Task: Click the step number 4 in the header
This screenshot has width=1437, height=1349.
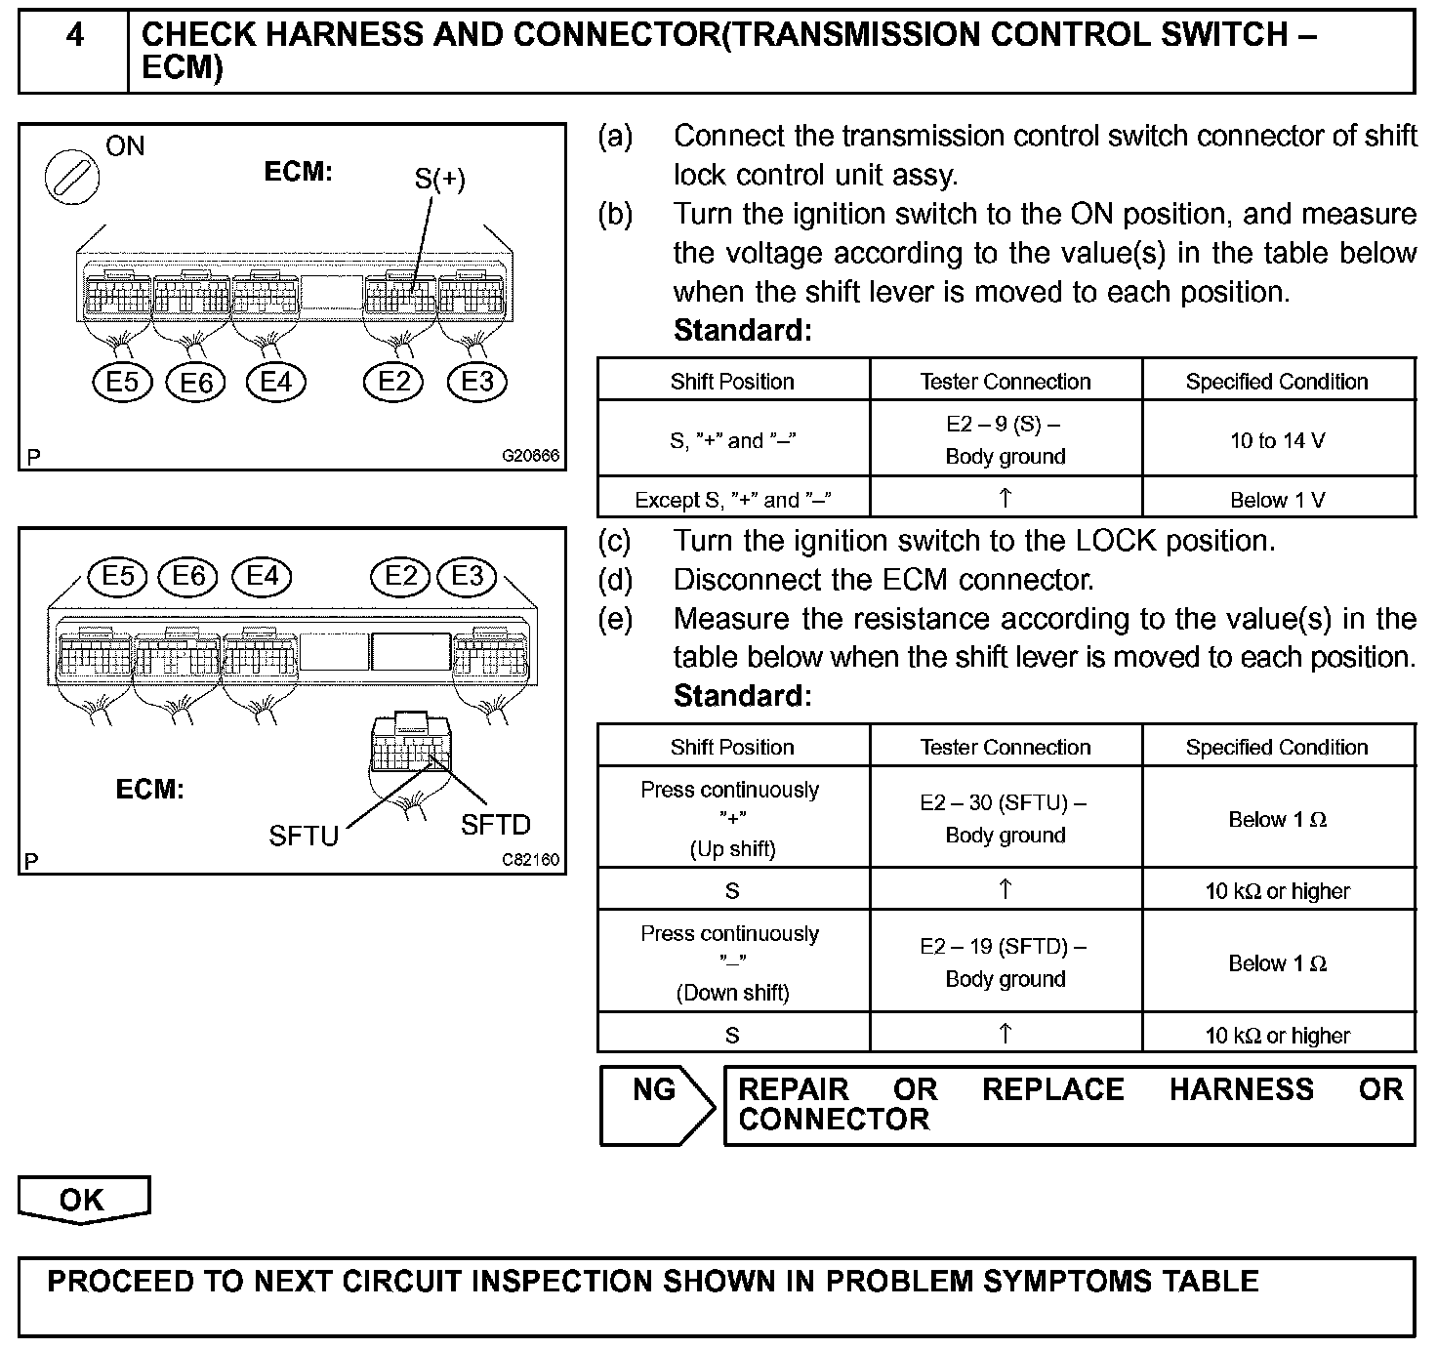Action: (x=74, y=36)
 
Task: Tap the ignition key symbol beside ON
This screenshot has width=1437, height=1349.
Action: (x=72, y=178)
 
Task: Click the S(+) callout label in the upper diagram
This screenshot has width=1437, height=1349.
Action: (x=439, y=179)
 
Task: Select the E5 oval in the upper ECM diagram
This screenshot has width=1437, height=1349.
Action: (x=122, y=381)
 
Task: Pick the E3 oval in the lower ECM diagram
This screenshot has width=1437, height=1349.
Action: (x=468, y=576)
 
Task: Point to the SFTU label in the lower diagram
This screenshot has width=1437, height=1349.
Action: (x=304, y=836)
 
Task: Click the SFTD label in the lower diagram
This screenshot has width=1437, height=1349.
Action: (x=495, y=825)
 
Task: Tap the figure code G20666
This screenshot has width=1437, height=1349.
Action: (x=531, y=456)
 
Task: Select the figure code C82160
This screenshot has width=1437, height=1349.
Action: (x=531, y=860)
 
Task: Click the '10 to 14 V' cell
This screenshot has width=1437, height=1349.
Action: (x=1278, y=440)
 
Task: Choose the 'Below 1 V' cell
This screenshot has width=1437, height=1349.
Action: (x=1278, y=501)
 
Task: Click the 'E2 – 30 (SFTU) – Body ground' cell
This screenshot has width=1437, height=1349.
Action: (x=1006, y=818)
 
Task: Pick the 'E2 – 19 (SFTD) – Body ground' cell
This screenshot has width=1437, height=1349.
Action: (x=1006, y=962)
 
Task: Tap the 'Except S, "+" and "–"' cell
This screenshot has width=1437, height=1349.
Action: (x=733, y=501)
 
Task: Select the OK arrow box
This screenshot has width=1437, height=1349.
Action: (x=83, y=1200)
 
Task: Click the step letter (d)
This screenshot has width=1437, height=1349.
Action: (x=615, y=580)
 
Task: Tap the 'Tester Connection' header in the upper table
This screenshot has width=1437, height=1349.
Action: (x=1006, y=382)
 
